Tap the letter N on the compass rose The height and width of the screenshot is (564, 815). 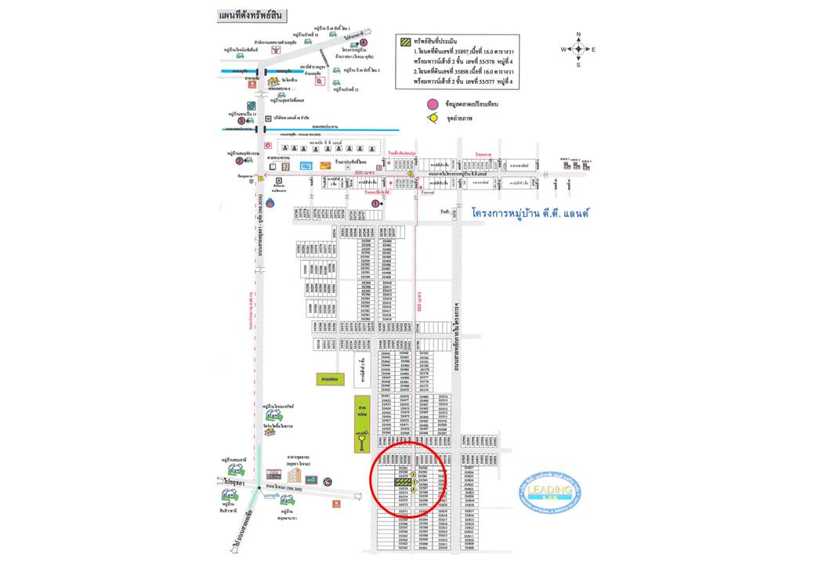click(x=578, y=34)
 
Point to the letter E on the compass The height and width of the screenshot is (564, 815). click(x=593, y=49)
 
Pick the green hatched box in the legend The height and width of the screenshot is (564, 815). click(x=406, y=42)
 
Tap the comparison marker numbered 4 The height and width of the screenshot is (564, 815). click(x=364, y=43)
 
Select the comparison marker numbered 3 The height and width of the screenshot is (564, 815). click(x=241, y=120)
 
